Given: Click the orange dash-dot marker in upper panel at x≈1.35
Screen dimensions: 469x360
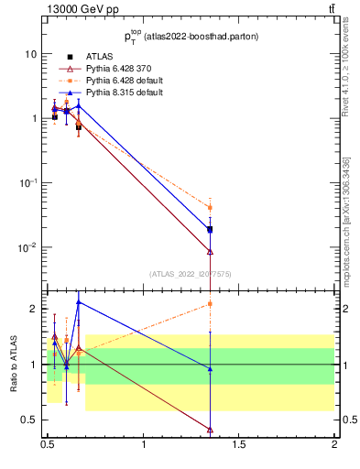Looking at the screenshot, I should (211, 208).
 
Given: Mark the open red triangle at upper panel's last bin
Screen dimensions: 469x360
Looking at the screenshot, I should (211, 251).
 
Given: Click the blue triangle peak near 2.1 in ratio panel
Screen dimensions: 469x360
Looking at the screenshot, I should (79, 301).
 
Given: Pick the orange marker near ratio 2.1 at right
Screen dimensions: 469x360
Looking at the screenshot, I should (211, 303).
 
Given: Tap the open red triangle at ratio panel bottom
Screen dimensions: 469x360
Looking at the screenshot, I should (211, 429).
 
